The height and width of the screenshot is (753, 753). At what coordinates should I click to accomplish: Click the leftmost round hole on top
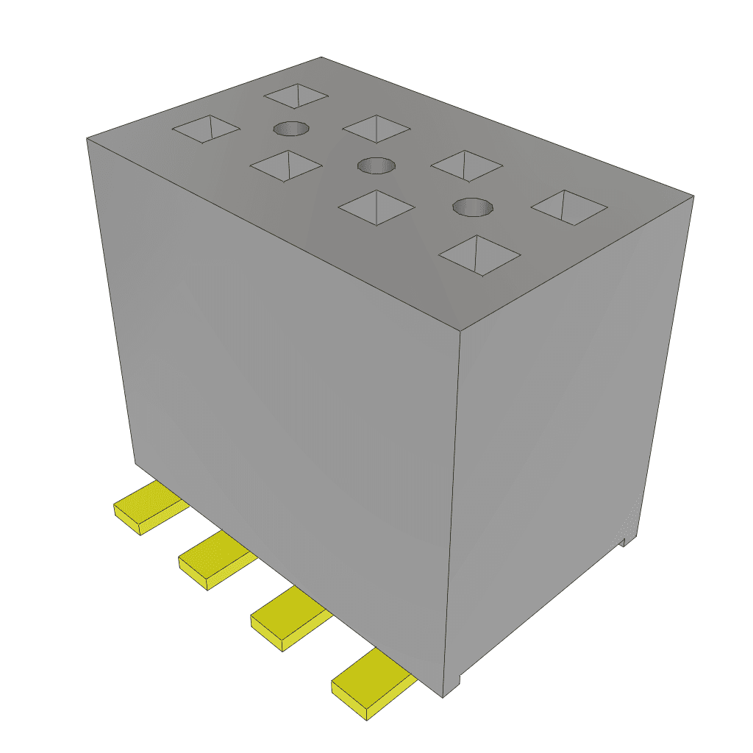click(x=291, y=129)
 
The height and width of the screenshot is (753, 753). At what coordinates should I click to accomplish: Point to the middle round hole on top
click(x=376, y=165)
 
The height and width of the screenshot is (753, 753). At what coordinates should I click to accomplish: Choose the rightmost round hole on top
click(x=472, y=207)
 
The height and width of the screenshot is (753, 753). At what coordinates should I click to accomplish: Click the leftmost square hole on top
click(x=206, y=129)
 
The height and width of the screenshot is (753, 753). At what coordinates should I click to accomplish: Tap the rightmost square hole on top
click(x=569, y=207)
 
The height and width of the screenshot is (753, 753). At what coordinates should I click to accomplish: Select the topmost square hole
click(x=296, y=95)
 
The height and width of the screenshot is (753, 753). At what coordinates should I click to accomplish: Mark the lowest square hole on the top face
click(x=479, y=255)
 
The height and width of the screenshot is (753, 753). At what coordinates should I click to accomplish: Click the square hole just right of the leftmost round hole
click(x=376, y=129)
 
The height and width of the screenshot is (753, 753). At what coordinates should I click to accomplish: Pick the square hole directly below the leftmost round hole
click(x=286, y=165)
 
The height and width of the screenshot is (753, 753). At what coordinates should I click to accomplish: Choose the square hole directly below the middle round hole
click(x=376, y=208)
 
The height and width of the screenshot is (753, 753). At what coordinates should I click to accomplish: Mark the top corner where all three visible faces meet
click(x=460, y=330)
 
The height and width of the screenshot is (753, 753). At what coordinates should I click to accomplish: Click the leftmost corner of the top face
click(x=88, y=138)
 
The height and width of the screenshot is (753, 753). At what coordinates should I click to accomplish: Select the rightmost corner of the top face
click(x=693, y=196)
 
